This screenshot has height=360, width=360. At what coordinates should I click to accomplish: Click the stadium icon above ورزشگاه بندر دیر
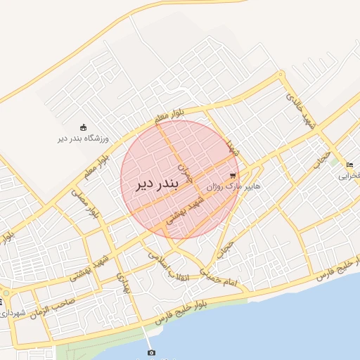coord(84,127)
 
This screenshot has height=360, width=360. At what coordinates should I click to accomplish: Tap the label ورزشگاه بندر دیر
coord(84,139)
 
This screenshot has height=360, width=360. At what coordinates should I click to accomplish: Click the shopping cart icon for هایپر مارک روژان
coord(233,175)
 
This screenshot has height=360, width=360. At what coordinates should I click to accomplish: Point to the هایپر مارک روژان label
coord(233,187)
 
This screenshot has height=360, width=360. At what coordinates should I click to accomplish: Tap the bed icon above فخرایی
coord(350,165)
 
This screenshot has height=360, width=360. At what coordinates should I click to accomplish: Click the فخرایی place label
coord(349,176)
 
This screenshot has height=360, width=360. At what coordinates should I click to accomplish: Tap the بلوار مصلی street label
coord(86,205)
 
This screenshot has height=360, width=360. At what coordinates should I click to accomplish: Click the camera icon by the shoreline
coord(151,352)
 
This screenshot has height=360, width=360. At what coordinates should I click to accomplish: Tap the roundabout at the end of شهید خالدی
coord(281,73)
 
